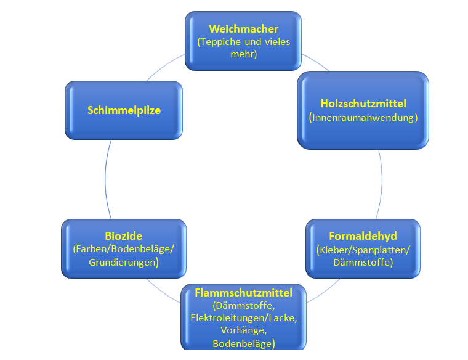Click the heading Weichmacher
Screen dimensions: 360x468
pos(243,29)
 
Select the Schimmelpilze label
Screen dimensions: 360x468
pos(124,110)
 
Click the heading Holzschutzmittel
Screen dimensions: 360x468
pos(363,103)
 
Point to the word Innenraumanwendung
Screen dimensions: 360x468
pos(363,117)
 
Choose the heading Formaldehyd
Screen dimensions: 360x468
pos(363,236)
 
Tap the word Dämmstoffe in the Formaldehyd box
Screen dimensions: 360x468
pos(363,262)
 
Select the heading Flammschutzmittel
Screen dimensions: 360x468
pos(243,292)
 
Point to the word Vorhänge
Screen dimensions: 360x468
pos(243,330)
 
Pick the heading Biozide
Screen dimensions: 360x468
pos(123,236)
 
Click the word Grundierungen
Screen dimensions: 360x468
pos(123,262)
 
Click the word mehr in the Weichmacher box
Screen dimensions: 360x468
pos(243,54)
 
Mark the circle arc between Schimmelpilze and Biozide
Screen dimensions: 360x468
pos(106,179)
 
